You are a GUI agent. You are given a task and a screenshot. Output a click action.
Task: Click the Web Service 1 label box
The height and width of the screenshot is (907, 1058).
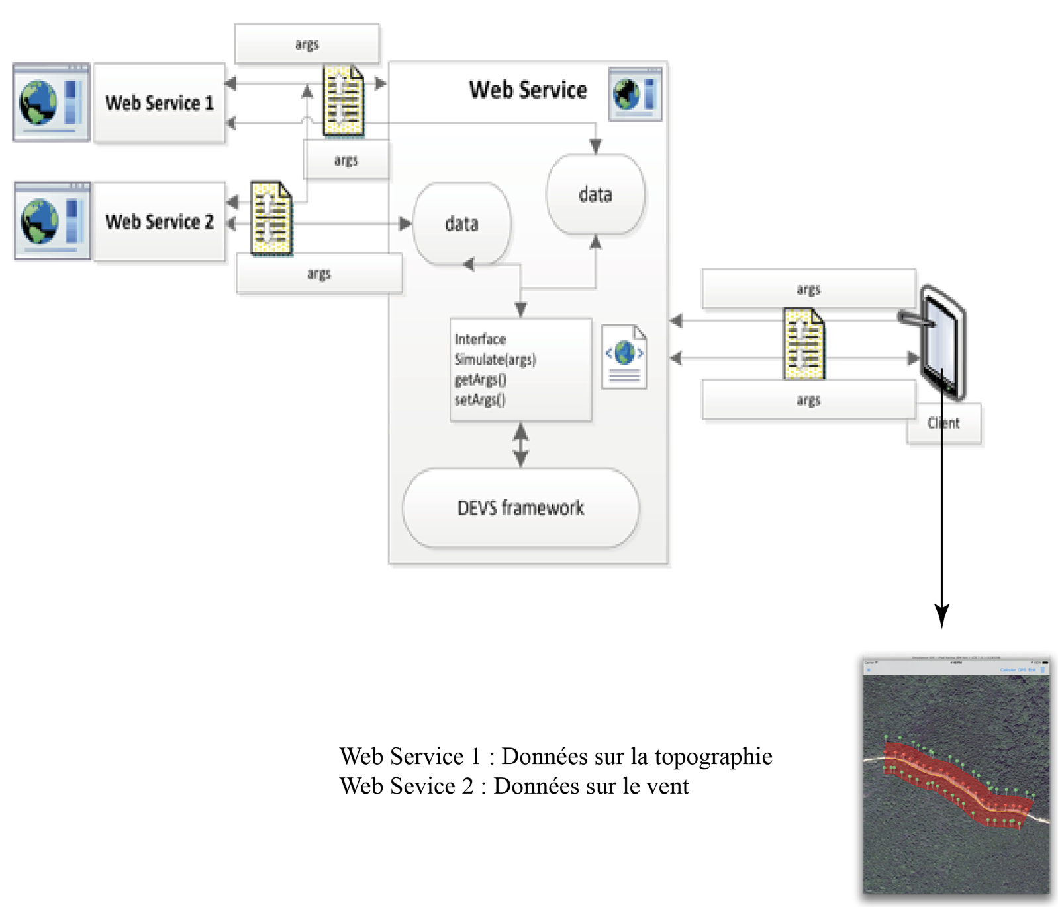(159, 103)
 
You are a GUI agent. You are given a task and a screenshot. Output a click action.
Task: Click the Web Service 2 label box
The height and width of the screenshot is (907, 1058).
(159, 222)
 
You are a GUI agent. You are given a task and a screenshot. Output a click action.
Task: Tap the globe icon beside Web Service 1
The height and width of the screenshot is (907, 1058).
(38, 103)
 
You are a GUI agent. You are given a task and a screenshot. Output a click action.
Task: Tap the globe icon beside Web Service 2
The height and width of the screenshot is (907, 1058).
(39, 222)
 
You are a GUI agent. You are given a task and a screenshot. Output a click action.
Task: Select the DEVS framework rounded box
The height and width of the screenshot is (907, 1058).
(520, 508)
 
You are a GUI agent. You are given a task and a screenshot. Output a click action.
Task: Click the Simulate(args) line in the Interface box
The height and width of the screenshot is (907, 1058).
(495, 359)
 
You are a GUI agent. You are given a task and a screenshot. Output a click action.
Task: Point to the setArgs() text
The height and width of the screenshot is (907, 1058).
(479, 400)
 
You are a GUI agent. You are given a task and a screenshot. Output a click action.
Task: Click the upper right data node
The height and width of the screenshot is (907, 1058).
(595, 194)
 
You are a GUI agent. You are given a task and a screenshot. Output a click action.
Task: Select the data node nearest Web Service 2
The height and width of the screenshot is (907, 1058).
(461, 224)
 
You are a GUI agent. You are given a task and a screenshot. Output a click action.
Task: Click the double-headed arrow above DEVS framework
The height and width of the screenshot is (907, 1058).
(521, 445)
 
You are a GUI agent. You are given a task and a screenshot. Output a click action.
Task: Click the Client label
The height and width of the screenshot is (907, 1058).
(943, 424)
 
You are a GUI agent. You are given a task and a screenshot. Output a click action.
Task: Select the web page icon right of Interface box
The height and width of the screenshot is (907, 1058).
(624, 357)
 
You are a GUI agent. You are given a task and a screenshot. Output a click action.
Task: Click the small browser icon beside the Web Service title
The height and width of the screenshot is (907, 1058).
(634, 94)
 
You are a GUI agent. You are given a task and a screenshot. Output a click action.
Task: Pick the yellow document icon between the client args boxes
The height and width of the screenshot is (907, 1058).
(804, 344)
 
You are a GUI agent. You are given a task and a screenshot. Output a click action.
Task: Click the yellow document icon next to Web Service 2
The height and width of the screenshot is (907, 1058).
(271, 219)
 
